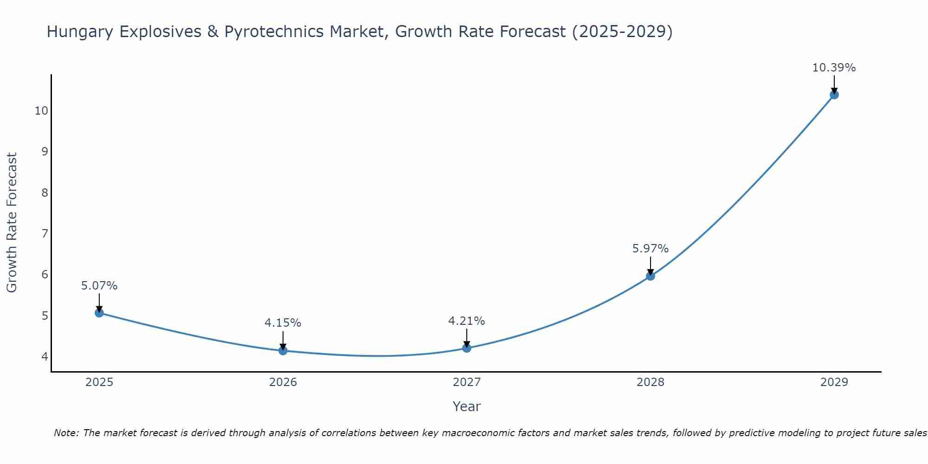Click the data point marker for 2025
[99, 313]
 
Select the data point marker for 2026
[283, 350]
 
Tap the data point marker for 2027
[467, 348]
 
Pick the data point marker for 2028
[651, 276]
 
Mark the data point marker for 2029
[834, 95]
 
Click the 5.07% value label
[99, 286]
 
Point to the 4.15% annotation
[283, 323]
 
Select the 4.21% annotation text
[467, 321]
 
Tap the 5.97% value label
[651, 249]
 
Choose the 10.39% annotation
[834, 68]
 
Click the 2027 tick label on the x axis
[467, 382]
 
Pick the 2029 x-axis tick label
[834, 382]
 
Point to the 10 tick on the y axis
[42, 111]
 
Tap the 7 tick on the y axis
[45, 233]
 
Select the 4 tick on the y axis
[45, 356]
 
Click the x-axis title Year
[467, 406]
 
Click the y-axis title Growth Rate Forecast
[12, 223]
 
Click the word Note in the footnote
[66, 433]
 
